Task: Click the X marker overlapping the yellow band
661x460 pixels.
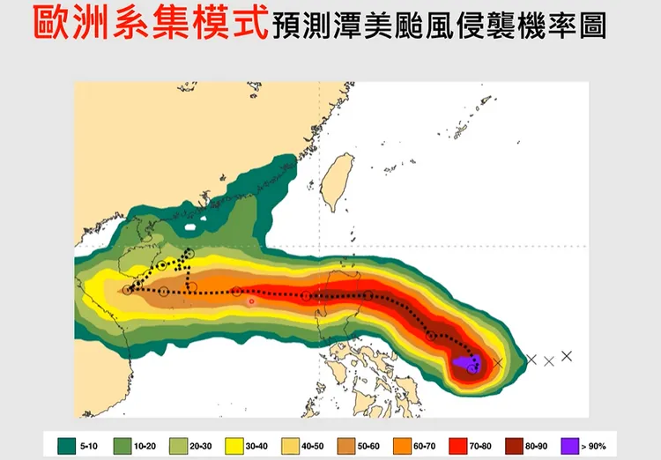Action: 499,362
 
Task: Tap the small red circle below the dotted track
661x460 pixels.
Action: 251,301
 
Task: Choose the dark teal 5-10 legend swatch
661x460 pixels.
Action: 63,446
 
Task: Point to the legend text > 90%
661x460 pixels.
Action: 597,447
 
